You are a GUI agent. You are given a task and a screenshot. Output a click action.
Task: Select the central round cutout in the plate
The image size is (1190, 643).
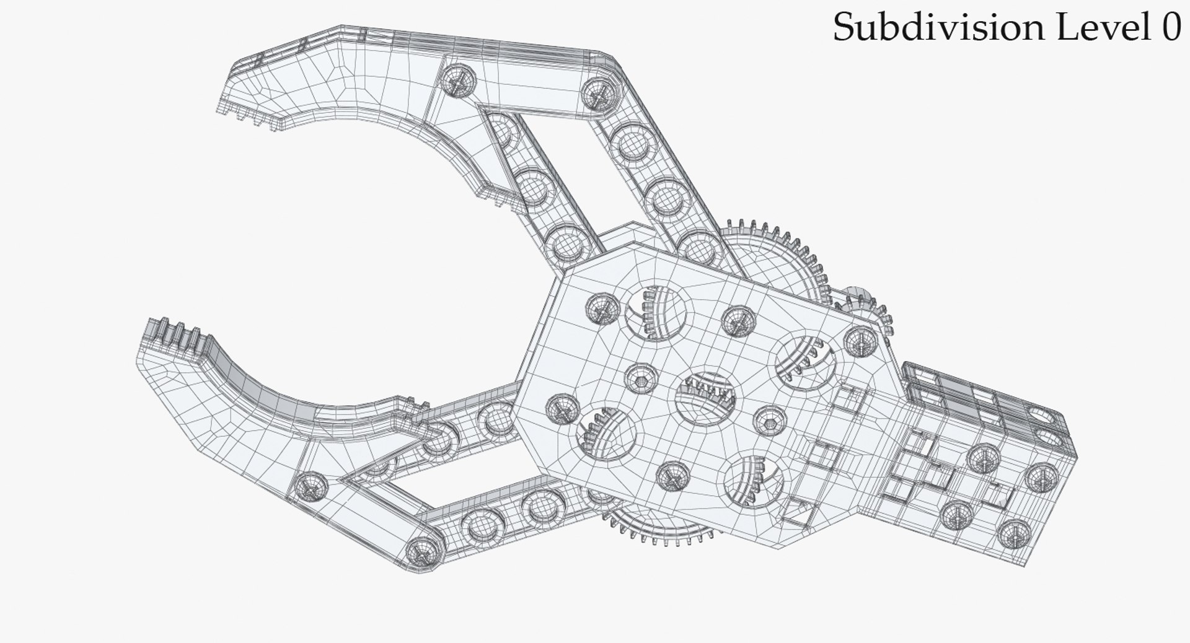click(x=707, y=400)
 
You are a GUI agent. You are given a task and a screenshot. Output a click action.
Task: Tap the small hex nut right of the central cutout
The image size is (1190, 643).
click(x=770, y=420)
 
